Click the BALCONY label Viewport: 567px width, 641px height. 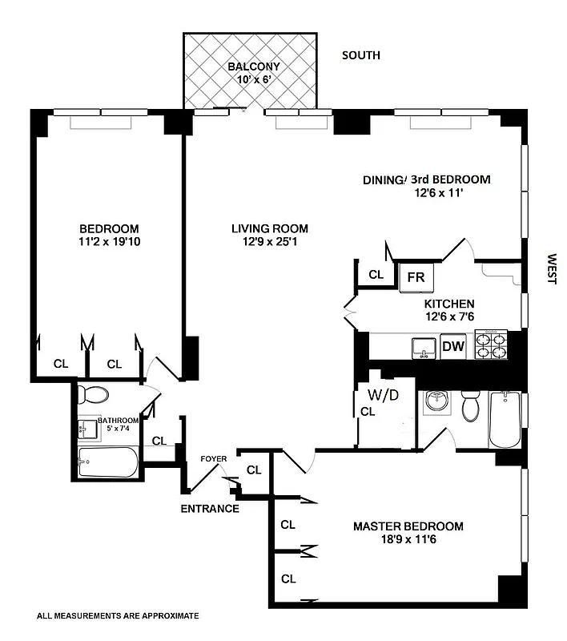click(x=252, y=67)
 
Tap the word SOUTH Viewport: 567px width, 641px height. click(x=361, y=55)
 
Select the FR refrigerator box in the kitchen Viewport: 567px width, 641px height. click(x=416, y=276)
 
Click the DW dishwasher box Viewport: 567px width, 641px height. click(x=452, y=346)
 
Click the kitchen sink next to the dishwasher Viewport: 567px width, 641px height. click(x=422, y=347)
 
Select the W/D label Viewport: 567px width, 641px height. click(x=383, y=395)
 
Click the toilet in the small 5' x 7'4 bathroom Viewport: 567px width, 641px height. click(x=97, y=395)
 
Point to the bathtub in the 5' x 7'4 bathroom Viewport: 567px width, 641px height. click(x=108, y=463)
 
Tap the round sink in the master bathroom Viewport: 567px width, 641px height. click(x=437, y=400)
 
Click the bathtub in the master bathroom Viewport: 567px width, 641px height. click(x=505, y=419)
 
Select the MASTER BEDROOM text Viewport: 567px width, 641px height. click(x=408, y=526)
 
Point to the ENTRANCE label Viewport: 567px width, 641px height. click(x=209, y=509)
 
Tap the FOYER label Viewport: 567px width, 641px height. click(x=214, y=459)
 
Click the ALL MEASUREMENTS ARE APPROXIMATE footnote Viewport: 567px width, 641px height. click(x=118, y=616)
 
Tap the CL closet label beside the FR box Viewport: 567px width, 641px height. click(x=376, y=275)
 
